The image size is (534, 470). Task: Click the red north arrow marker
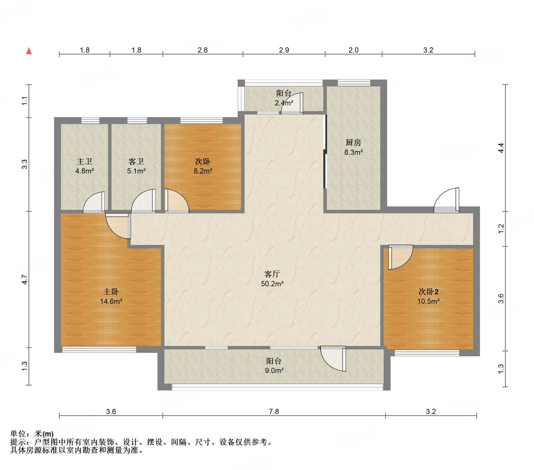(x=29, y=51)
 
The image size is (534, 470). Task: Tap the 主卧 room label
(x=111, y=292)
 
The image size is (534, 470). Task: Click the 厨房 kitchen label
(x=353, y=142)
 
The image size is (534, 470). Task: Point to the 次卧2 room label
(x=428, y=292)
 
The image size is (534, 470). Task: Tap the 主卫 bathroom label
(x=84, y=161)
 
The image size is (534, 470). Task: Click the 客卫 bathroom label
(x=136, y=161)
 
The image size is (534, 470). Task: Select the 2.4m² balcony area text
(x=284, y=103)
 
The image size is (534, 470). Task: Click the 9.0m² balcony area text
(x=274, y=370)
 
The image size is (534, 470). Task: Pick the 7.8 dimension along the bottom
(x=274, y=411)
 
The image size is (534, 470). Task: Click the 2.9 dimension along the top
(x=284, y=50)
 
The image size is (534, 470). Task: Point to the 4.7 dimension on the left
(x=25, y=280)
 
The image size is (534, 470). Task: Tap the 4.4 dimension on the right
(x=501, y=148)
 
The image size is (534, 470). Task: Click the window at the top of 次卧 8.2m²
(x=201, y=121)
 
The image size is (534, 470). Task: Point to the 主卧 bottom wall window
(x=99, y=349)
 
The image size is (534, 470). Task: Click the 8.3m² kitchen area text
(x=354, y=152)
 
